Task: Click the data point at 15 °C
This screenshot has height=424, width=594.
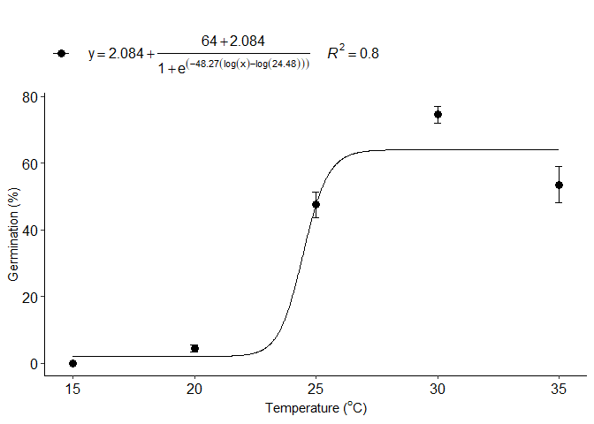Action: coord(72,363)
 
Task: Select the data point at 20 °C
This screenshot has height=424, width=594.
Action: coord(194,348)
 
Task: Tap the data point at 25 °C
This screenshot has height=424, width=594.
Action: coord(316,204)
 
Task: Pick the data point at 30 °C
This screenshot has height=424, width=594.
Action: coord(438,115)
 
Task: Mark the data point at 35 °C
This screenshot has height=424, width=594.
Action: coord(559,185)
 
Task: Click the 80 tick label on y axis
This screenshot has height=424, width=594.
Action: coord(29,96)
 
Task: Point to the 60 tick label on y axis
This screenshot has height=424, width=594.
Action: coord(29,163)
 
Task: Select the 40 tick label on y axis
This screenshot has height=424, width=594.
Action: coord(29,230)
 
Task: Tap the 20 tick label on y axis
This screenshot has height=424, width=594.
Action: coord(29,297)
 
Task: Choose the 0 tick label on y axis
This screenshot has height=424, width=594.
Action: coord(33,363)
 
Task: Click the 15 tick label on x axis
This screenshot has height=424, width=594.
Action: coord(72,389)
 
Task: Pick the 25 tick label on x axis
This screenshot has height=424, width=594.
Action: coord(316,389)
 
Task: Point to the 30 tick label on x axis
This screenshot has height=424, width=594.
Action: coord(438,389)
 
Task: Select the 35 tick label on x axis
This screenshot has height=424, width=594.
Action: coord(559,389)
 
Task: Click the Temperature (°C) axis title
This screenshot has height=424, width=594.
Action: coord(316,409)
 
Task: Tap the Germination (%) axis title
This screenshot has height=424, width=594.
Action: coord(13,236)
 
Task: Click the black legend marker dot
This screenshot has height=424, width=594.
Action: coord(61,53)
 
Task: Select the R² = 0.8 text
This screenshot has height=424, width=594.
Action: coord(353,53)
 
